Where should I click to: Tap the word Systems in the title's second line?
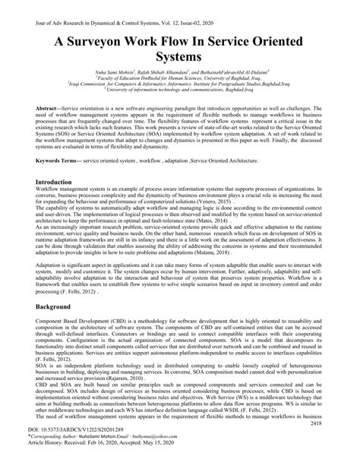(x=179, y=58)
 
